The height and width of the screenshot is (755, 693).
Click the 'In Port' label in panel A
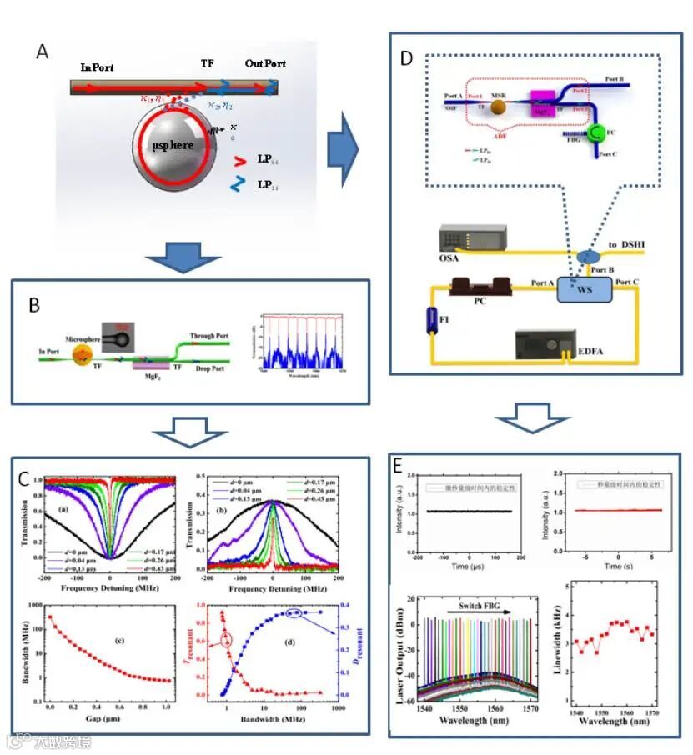[97, 66]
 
